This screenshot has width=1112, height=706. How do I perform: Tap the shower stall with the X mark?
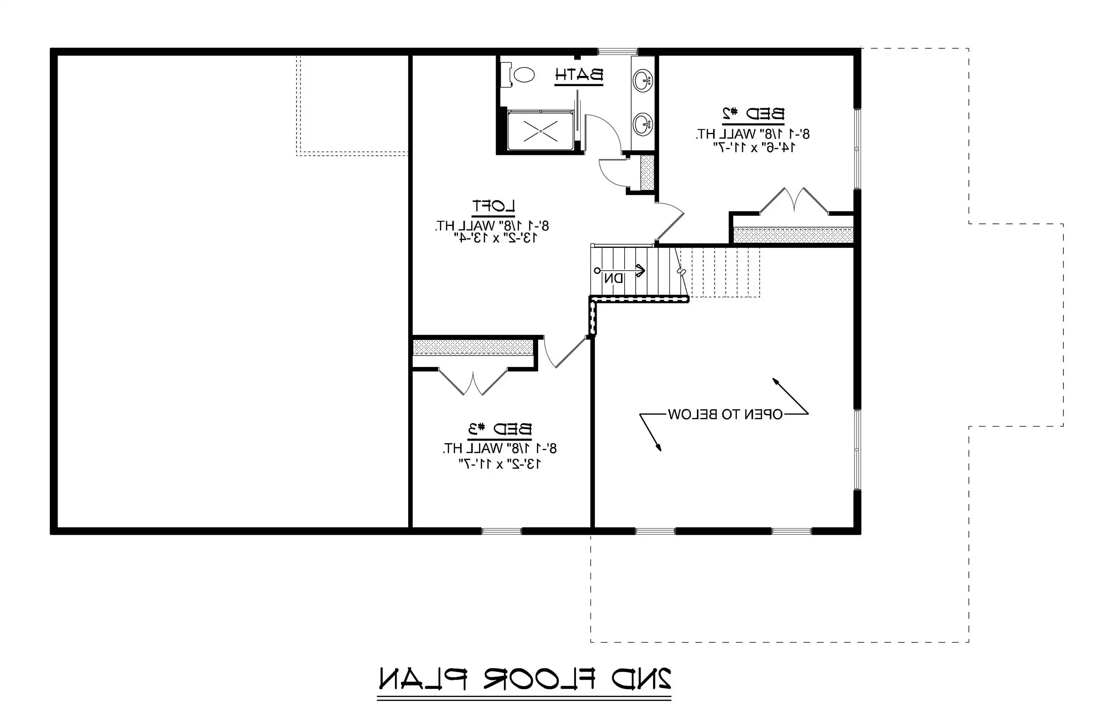pyautogui.click(x=540, y=130)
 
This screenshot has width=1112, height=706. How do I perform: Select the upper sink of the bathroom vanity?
pyautogui.click(x=643, y=81)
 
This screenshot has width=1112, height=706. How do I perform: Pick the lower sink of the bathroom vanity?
pyautogui.click(x=643, y=124)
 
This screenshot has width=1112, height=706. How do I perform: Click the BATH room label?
pyautogui.click(x=579, y=75)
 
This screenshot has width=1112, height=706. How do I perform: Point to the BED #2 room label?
pyautogui.click(x=753, y=113)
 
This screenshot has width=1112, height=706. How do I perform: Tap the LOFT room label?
pyautogui.click(x=493, y=206)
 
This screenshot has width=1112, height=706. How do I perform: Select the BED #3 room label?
pyautogui.click(x=500, y=429)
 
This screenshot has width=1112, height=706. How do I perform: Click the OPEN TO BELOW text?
pyautogui.click(x=725, y=415)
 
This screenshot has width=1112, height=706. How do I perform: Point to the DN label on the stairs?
pyautogui.click(x=614, y=278)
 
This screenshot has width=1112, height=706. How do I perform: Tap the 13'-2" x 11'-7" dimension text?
pyautogui.click(x=500, y=463)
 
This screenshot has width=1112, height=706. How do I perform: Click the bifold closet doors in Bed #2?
pyautogui.click(x=794, y=201)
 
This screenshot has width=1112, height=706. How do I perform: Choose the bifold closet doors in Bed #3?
pyautogui.click(x=473, y=382)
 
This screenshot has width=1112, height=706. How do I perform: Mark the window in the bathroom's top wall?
pyautogui.click(x=618, y=51)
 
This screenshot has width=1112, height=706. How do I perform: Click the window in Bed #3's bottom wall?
pyautogui.click(x=502, y=531)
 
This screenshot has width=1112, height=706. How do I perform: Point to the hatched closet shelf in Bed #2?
pyautogui.click(x=793, y=234)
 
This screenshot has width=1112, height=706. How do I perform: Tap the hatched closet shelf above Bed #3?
pyautogui.click(x=473, y=348)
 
